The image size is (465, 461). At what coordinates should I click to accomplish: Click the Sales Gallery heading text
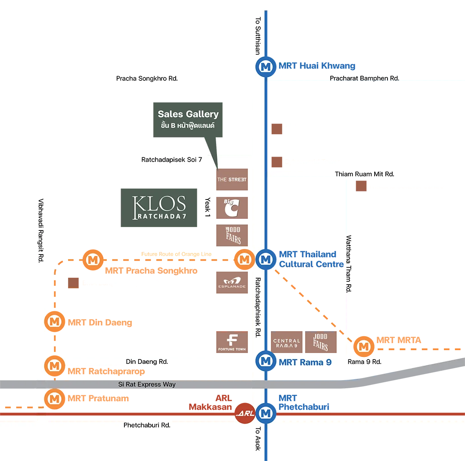[x=188, y=114]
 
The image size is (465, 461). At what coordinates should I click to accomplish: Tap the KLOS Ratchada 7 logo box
[x=160, y=208]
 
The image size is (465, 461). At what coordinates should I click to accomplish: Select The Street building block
[x=232, y=179]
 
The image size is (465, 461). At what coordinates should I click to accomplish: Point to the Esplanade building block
[x=232, y=283]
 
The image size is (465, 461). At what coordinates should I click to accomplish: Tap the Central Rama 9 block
[x=287, y=343]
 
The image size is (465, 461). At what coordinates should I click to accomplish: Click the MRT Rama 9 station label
[x=305, y=362]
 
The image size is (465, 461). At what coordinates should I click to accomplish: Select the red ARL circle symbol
[x=245, y=414]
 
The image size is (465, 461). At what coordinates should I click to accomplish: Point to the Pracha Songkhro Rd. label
[x=147, y=79]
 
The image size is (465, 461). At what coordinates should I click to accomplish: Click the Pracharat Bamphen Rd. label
[x=364, y=79]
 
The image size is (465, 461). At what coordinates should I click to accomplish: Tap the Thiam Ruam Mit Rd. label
[x=364, y=174]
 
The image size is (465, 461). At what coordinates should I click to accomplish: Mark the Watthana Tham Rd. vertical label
[x=348, y=264]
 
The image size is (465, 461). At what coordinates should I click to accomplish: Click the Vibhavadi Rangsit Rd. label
[x=41, y=230]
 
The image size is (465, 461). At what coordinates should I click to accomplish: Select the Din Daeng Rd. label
[x=147, y=362]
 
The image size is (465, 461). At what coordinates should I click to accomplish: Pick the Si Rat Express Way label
[x=147, y=384]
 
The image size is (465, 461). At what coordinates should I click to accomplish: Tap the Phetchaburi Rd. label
[x=147, y=425]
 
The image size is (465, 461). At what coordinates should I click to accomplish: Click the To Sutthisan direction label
[x=257, y=36]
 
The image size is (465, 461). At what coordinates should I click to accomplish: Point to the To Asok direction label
[x=257, y=439]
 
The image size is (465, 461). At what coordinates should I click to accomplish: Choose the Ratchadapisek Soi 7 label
[x=171, y=160]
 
